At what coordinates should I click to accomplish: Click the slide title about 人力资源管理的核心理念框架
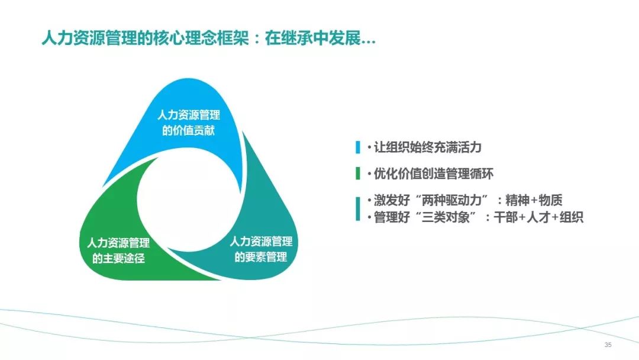point(208,38)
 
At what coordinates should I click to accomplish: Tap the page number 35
point(608,345)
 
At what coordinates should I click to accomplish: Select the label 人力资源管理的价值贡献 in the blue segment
point(189,123)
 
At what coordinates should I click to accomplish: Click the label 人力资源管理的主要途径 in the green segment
point(118,250)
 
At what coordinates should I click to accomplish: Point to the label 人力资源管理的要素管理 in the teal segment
point(261,249)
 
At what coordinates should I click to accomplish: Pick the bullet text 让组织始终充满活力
point(428,147)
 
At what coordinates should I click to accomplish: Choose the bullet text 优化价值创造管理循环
point(434,173)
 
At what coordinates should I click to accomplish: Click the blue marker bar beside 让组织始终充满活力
point(358,147)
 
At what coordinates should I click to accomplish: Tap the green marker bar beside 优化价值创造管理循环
point(358,173)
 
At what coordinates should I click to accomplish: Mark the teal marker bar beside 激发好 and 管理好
point(358,209)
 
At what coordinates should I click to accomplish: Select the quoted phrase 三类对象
point(446,217)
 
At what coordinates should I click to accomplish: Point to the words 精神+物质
point(534,200)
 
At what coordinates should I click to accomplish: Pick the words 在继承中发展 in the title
point(313,38)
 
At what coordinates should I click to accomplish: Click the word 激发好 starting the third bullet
point(392,200)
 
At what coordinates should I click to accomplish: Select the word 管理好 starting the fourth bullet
point(392,217)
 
